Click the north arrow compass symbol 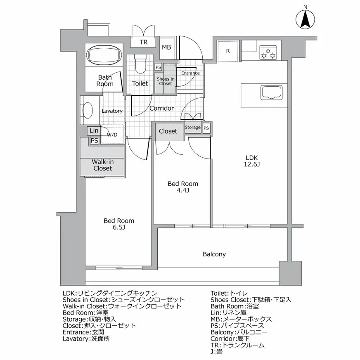(305, 19)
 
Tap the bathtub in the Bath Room (104, 54)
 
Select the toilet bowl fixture (140, 65)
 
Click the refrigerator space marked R (227, 51)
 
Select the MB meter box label (166, 47)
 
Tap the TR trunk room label (143, 42)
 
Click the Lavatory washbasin (88, 111)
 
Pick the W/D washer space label (111, 135)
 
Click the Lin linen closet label (94, 130)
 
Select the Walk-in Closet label (102, 165)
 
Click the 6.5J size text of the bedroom (118, 228)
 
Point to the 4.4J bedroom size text (182, 191)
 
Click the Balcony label (214, 254)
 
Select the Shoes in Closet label (165, 81)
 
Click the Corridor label (161, 108)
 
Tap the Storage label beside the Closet (193, 128)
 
